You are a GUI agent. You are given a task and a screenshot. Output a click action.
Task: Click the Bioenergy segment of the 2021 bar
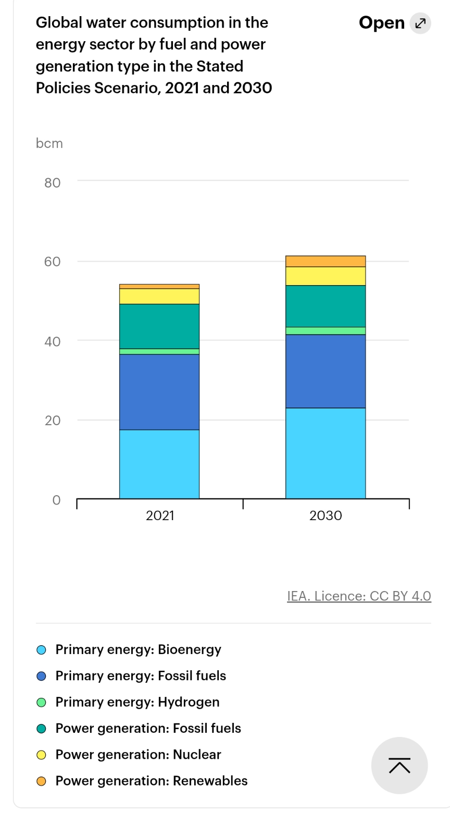159,464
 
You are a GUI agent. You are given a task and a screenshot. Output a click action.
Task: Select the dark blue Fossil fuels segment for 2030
326,371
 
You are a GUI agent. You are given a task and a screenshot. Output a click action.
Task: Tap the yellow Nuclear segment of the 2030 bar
326,276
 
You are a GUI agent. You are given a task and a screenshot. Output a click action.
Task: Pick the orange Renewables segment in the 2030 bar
326,261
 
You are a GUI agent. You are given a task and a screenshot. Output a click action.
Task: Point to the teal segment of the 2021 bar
159,326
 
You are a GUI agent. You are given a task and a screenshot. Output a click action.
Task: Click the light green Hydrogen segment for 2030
326,331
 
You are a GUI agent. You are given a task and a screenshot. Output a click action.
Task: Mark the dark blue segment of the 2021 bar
159,392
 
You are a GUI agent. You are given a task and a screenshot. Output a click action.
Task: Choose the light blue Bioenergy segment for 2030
326,453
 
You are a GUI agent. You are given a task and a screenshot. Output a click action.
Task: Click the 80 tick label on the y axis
52,183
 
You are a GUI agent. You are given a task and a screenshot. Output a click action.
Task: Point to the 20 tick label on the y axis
52,421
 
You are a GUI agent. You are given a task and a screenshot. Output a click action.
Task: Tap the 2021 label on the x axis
160,515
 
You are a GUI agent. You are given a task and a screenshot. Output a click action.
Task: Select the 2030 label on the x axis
326,515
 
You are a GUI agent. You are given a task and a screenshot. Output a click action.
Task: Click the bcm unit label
49,143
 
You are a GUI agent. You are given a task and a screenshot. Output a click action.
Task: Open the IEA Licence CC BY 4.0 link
359,596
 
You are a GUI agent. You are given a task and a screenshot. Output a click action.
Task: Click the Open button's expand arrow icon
420,23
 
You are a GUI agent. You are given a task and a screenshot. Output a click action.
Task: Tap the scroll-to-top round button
399,766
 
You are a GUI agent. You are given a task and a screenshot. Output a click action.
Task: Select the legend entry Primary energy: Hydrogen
137,702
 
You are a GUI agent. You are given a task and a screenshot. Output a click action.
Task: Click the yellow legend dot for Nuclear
42,755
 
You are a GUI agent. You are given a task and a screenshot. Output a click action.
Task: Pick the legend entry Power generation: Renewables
152,781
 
